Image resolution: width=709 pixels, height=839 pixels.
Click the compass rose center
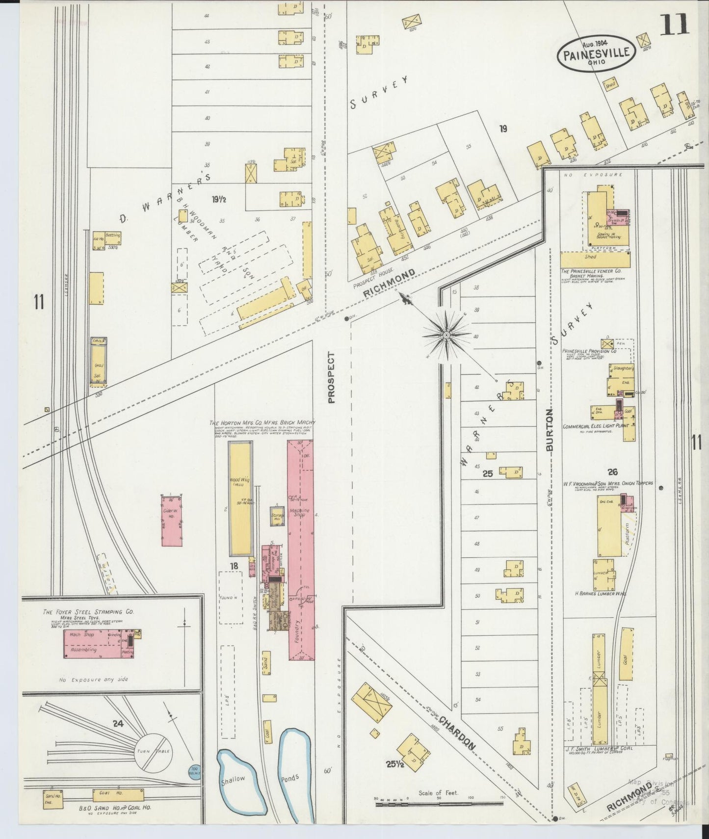[x=446, y=335]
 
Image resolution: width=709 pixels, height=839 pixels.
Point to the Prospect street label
[x=331, y=378]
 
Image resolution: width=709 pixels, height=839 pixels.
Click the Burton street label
[x=549, y=430]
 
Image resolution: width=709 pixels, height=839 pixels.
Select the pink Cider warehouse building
[x=172, y=521]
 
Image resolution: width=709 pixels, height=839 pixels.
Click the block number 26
[x=612, y=472]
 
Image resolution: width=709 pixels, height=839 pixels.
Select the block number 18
[x=234, y=566]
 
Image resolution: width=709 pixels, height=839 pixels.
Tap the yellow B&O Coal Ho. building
[x=118, y=793]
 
